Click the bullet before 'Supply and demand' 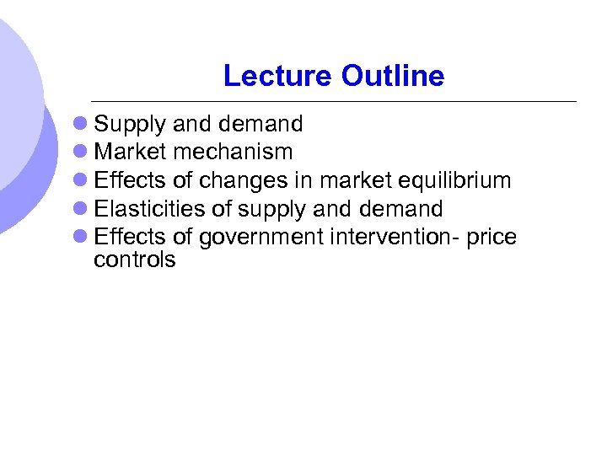pyautogui.click(x=80, y=125)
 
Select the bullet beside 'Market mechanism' pyautogui.click(x=80, y=153)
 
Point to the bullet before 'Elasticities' pyautogui.click(x=80, y=209)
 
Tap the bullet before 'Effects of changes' pyautogui.click(x=80, y=181)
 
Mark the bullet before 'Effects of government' pyautogui.click(x=80, y=238)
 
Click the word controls pyautogui.click(x=135, y=260)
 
